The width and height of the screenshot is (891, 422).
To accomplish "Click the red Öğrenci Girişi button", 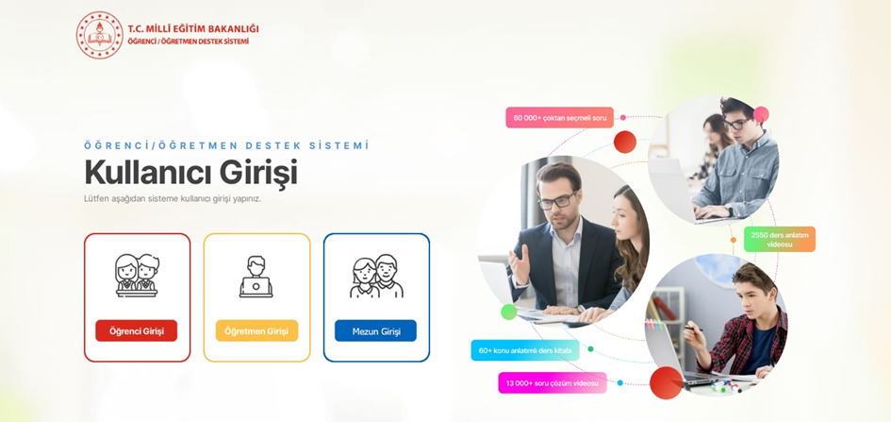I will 136,330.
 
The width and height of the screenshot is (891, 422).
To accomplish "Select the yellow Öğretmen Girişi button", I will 256,330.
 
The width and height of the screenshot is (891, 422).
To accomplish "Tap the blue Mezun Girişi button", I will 375,330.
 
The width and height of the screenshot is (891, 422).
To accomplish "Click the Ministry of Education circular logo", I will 99,35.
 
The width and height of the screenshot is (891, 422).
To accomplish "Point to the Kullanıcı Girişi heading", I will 190,173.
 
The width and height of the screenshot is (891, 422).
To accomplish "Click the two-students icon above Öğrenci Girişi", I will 137,275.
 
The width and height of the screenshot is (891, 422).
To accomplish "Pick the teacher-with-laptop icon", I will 256,277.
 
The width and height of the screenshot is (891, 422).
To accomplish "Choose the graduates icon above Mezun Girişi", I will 376,277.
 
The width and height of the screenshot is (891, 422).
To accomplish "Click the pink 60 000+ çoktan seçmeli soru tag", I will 559,118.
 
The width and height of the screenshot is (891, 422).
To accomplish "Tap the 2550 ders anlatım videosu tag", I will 779,239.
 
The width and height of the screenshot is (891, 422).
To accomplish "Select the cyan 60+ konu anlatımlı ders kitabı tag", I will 525,350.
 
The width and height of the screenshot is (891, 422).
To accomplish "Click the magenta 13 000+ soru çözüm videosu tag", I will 552,382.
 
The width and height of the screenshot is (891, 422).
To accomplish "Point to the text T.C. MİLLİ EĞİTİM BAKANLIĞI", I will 192,29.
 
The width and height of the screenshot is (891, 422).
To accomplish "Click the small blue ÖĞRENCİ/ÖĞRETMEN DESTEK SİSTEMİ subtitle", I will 226,145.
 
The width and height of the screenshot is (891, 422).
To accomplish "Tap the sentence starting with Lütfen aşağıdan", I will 173,198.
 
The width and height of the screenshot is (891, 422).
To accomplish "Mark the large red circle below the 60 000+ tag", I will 624,142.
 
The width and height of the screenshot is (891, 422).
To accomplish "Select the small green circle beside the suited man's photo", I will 509,312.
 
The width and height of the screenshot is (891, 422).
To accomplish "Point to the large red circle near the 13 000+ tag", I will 666,382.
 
